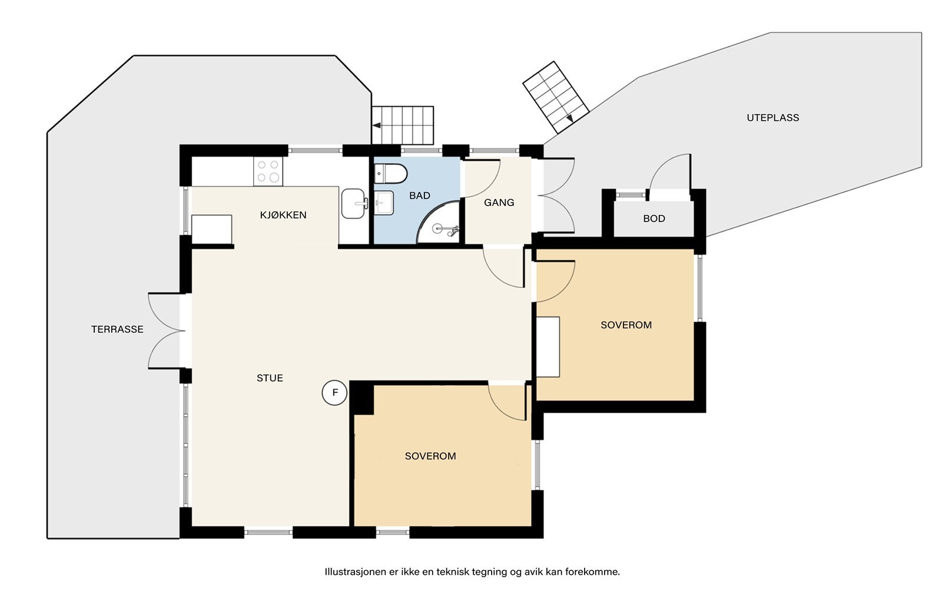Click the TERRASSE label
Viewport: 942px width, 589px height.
(x=117, y=329)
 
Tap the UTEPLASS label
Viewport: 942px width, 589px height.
(x=773, y=118)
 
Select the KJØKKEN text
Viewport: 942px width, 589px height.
(x=283, y=215)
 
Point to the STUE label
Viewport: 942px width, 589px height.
(x=270, y=378)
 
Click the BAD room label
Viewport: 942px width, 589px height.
(x=420, y=196)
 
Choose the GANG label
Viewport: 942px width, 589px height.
(x=499, y=203)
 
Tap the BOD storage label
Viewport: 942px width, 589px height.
(x=654, y=219)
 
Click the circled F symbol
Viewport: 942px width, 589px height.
(x=335, y=393)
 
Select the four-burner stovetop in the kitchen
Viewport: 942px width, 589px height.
(x=268, y=171)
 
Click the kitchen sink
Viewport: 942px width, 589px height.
(x=353, y=204)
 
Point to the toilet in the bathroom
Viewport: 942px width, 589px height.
(x=391, y=174)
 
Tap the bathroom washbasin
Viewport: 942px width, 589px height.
(x=384, y=203)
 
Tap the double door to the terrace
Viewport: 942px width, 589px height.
(x=167, y=331)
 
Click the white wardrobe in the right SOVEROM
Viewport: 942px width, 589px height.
(x=548, y=347)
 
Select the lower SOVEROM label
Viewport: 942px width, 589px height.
(x=430, y=456)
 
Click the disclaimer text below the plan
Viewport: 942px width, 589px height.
(x=472, y=572)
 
